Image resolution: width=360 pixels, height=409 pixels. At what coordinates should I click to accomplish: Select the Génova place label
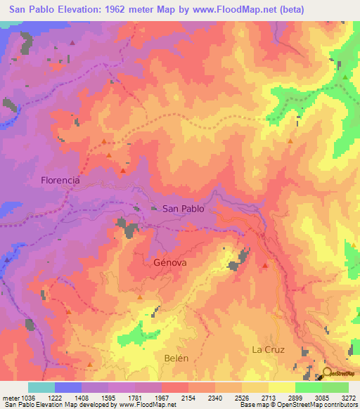pos(169,262)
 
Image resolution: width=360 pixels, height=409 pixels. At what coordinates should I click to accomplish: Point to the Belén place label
pos(176,358)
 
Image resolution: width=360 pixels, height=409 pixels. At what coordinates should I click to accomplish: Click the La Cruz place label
pos(267,349)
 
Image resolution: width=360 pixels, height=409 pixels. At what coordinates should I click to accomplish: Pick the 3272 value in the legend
pos(348,397)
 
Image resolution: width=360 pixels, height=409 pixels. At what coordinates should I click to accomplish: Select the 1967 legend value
pos(161,397)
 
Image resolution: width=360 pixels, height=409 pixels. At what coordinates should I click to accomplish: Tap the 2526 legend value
pos(241,397)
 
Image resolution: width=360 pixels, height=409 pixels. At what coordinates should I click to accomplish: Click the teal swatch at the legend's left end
pos(41,387)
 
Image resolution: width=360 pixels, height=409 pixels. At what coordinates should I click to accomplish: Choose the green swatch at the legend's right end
pos(335,387)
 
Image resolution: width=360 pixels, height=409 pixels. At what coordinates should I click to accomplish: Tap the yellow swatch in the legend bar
pos(281,387)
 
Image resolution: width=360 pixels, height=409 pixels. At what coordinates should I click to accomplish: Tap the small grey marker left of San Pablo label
pos(154,208)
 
